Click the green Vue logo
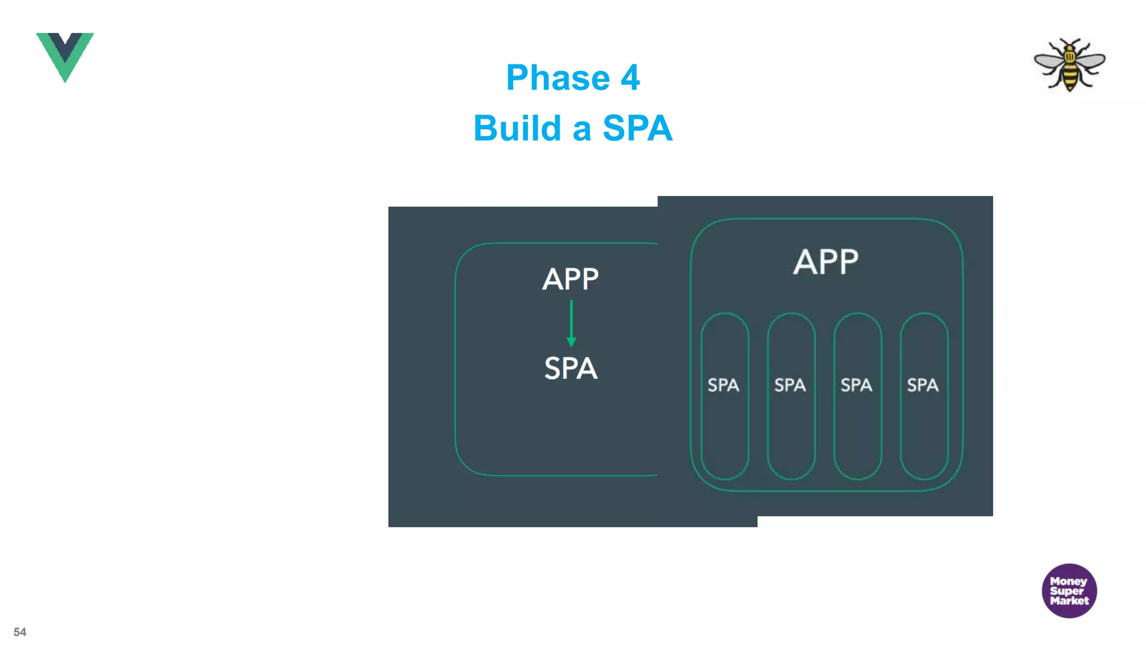pyautogui.click(x=65, y=56)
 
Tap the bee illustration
pyautogui.click(x=1069, y=64)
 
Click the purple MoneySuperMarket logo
pyautogui.click(x=1069, y=591)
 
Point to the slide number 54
pyautogui.click(x=20, y=632)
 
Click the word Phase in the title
pyautogui.click(x=557, y=77)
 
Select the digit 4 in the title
pyautogui.click(x=630, y=77)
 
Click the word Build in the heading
pyautogui.click(x=517, y=128)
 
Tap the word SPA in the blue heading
pyautogui.click(x=637, y=128)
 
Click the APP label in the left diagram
pyautogui.click(x=570, y=279)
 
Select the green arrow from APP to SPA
pyautogui.click(x=571, y=324)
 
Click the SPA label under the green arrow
pyautogui.click(x=571, y=368)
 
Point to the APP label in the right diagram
pyautogui.click(x=825, y=261)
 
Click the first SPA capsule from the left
pyautogui.click(x=725, y=396)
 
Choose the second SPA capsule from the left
pyautogui.click(x=791, y=396)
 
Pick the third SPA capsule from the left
pyautogui.click(x=857, y=396)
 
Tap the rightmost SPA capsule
pyautogui.click(x=924, y=396)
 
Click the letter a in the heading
pyautogui.click(x=581, y=129)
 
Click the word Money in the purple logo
pyautogui.click(x=1068, y=581)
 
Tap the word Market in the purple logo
pyautogui.click(x=1069, y=601)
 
